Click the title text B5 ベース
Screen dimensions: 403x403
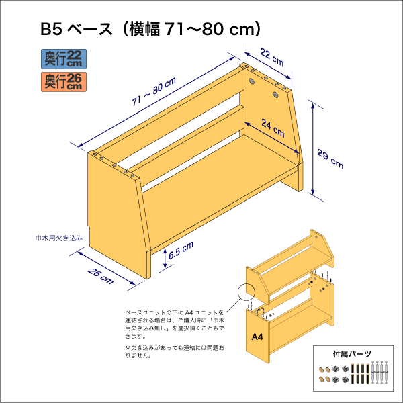coord(71,29)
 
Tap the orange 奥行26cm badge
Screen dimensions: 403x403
coord(63,81)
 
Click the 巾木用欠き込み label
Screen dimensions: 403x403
coord(59,238)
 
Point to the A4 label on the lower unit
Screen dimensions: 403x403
coord(257,337)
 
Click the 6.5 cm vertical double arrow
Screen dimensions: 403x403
coord(164,261)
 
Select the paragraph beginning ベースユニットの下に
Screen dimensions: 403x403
coord(174,324)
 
